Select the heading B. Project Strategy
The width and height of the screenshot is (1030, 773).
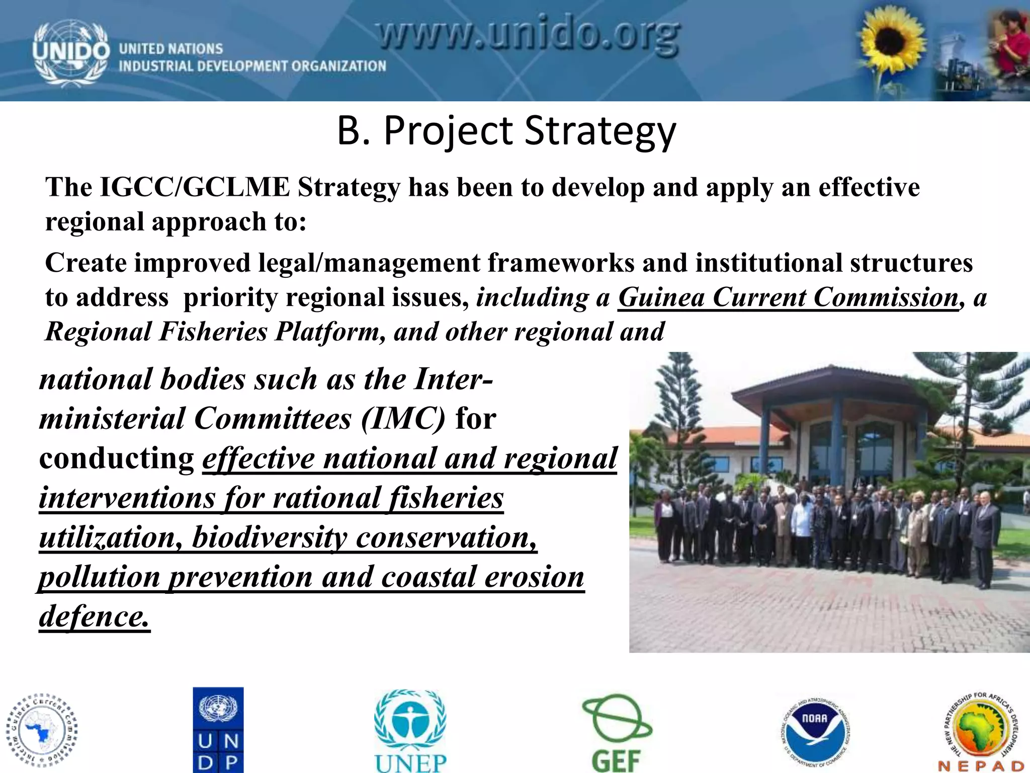pos(506,131)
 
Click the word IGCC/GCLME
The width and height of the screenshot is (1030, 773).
pos(195,187)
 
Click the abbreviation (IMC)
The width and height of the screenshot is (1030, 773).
pos(403,419)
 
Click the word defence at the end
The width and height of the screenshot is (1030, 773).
pos(94,616)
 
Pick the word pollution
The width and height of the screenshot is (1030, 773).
pos(99,577)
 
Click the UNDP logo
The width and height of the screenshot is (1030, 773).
pos(218,730)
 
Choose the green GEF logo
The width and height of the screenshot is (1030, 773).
pos(617,732)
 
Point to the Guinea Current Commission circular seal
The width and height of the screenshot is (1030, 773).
pos(42,730)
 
